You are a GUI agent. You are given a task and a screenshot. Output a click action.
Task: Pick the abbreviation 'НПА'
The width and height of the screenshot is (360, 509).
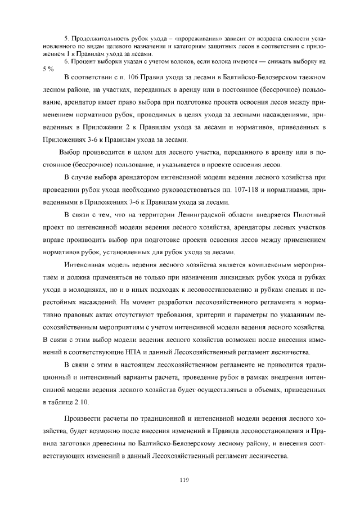coord(150,352)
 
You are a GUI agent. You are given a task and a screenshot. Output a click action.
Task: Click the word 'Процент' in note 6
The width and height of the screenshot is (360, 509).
coord(83,61)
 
